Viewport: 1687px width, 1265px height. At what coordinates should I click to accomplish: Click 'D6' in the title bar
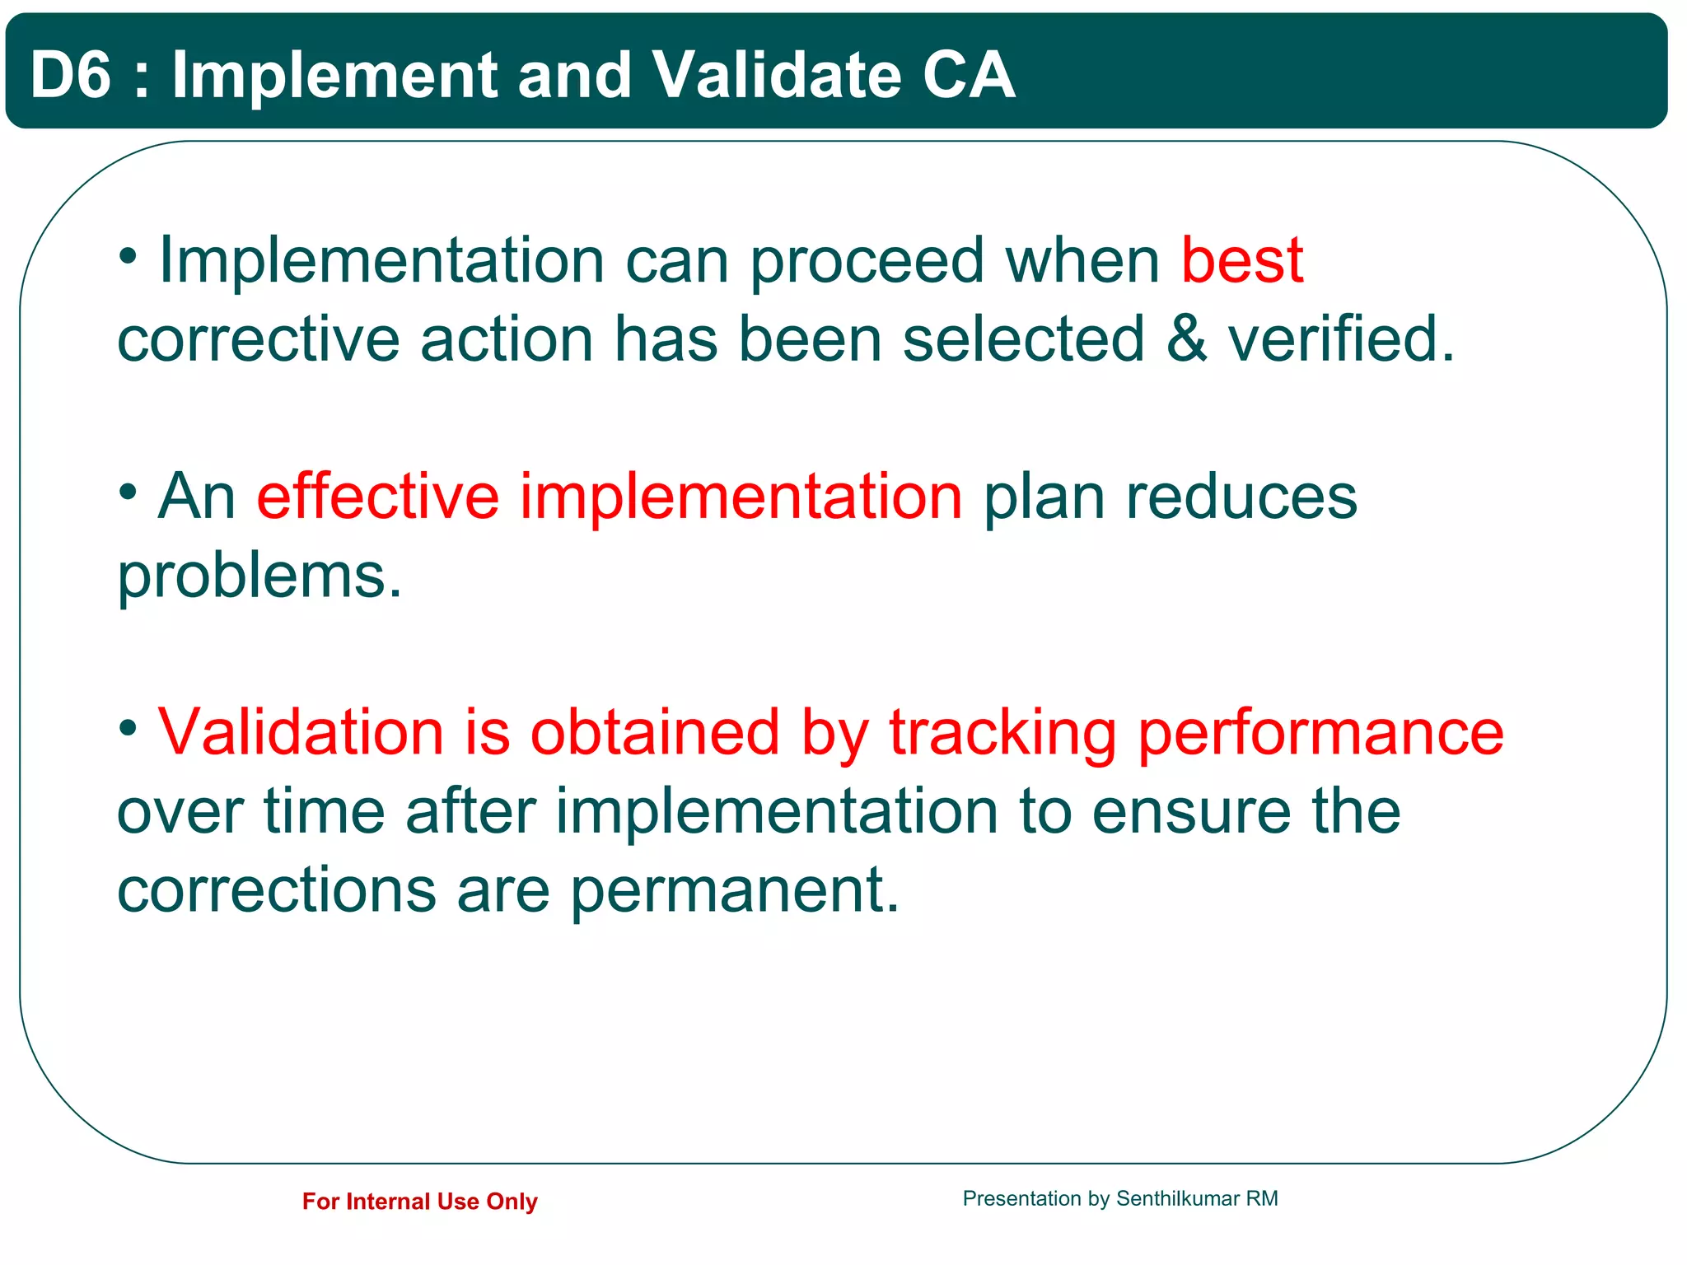(x=70, y=75)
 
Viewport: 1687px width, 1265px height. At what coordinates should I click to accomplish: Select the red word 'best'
(x=1241, y=260)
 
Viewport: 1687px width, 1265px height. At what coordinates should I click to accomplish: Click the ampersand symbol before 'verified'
(x=1186, y=338)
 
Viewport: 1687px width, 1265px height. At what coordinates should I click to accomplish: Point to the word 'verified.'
(x=1341, y=338)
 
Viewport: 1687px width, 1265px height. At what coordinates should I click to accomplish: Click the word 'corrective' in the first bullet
(x=258, y=338)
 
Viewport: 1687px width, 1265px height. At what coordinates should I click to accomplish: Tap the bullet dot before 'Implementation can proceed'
(x=128, y=256)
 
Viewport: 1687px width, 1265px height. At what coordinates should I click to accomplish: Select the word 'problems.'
(x=259, y=576)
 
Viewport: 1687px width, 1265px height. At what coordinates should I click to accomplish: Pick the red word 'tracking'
(x=1002, y=733)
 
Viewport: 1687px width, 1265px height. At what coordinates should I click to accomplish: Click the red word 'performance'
(x=1320, y=733)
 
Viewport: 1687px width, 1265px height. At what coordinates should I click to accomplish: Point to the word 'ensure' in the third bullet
(x=1191, y=811)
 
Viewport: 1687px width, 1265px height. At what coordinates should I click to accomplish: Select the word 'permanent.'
(x=735, y=891)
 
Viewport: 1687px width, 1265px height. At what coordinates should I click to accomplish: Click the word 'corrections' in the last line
(x=276, y=889)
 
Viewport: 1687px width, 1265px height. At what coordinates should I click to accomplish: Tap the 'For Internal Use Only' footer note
(x=419, y=1201)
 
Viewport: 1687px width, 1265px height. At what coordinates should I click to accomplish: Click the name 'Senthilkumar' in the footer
(x=1177, y=1198)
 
